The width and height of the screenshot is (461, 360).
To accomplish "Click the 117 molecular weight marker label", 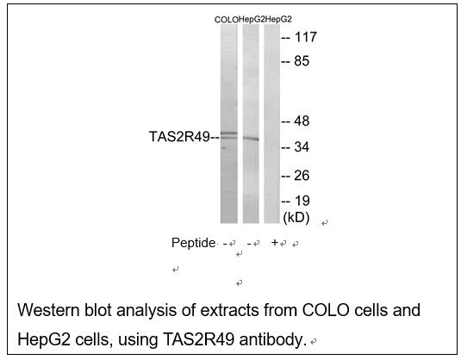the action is click(x=306, y=37).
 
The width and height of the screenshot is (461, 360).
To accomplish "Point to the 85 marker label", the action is click(x=302, y=61).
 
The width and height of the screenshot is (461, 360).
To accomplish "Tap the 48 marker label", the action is click(x=302, y=121).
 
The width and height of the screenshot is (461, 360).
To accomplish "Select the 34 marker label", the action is click(x=302, y=146).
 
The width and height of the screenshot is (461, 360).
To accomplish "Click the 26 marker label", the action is click(x=302, y=176).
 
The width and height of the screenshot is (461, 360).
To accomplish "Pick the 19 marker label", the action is click(x=302, y=201).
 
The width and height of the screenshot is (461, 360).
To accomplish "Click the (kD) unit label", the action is click(x=296, y=218).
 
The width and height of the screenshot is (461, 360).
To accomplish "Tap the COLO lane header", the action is click(x=227, y=20).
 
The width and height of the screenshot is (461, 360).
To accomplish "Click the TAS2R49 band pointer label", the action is click(x=179, y=137).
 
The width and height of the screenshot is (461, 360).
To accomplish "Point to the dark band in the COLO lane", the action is click(x=229, y=133).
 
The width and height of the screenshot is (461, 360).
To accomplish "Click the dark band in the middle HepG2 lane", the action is click(x=251, y=139).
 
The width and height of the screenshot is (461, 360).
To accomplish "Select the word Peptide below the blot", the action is click(x=194, y=243).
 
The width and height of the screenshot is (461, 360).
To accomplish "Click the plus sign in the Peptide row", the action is click(x=275, y=243).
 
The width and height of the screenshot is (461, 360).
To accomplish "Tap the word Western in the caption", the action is click(x=48, y=310).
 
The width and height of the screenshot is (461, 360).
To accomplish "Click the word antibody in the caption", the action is click(x=271, y=339).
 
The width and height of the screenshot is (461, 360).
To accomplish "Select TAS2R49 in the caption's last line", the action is click(x=198, y=339).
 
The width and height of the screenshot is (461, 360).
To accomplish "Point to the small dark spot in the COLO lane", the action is click(x=224, y=148).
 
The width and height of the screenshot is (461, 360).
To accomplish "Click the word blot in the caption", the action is click(x=98, y=310).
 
